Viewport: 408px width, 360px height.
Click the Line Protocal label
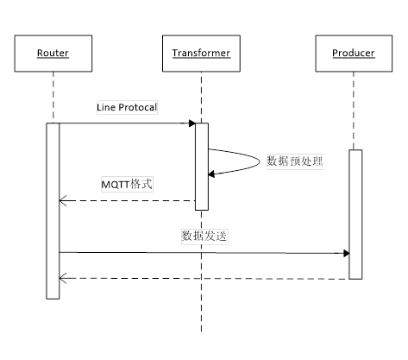[x=127, y=106]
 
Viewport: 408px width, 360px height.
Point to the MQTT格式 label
[x=128, y=184]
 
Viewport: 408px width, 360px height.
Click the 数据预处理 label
[x=294, y=161]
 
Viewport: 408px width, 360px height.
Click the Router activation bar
[x=53, y=211]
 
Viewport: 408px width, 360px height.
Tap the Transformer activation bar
[x=201, y=166]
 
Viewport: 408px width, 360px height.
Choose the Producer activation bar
[x=355, y=214]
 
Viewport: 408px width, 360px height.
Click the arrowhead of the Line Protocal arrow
[x=191, y=124]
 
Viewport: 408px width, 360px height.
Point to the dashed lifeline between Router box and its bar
[x=53, y=97]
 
